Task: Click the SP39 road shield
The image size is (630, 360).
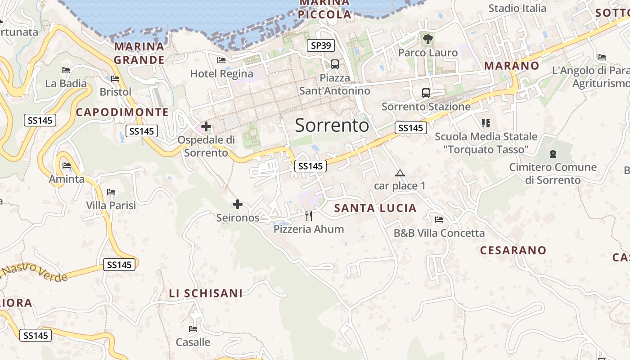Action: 321,45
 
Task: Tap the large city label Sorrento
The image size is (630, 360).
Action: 332,126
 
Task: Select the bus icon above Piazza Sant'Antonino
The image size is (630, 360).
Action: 334,64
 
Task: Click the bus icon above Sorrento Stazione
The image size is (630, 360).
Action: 426,93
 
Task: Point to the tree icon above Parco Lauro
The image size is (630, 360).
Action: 427,40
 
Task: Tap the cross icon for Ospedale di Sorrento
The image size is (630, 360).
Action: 206,126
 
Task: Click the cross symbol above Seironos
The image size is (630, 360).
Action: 238,205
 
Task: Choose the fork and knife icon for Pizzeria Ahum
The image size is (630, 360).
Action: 308,216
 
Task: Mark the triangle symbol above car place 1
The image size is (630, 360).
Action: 400,173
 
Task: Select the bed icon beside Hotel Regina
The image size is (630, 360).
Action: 221,60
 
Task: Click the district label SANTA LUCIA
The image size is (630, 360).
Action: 375,208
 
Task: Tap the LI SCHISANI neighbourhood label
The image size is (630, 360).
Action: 206,293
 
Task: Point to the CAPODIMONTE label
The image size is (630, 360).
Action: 122,112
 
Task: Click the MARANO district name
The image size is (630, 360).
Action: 511,66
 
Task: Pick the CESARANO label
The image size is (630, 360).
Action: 513,251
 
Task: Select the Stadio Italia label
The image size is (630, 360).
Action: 517,8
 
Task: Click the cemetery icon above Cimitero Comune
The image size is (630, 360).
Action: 553,154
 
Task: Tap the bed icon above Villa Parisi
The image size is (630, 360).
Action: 111,193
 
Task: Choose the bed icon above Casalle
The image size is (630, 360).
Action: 193,329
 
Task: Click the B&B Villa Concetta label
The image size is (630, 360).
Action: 439,233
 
